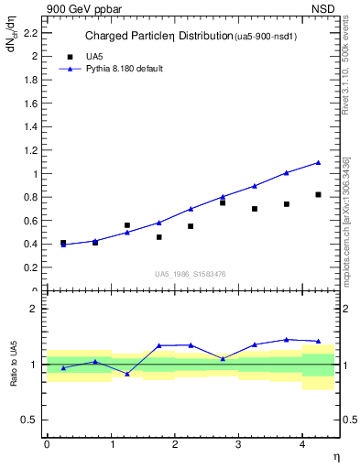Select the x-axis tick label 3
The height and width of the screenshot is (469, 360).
(x=237, y=444)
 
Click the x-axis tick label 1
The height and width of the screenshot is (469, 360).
(x=111, y=444)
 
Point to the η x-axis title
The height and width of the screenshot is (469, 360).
(x=334, y=456)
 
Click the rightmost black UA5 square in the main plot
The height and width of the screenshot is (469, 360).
(x=318, y=194)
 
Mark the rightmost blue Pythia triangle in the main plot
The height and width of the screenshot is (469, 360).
(x=318, y=162)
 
